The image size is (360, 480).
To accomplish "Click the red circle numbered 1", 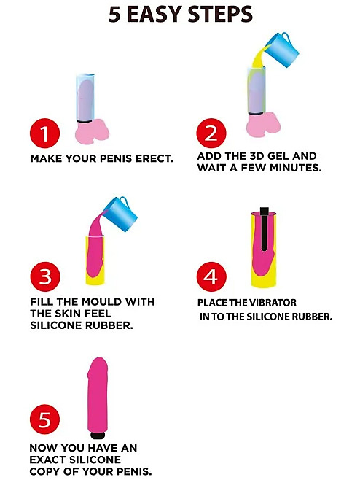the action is [44, 133].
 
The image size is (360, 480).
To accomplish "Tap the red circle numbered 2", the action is [211, 133].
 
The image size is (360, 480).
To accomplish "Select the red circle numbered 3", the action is [45, 276].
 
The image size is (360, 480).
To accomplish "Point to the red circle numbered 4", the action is [211, 276].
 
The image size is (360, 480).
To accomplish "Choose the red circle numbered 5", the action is [44, 419].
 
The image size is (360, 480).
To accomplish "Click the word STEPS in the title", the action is [220, 14].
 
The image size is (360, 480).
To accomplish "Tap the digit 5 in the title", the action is [114, 15].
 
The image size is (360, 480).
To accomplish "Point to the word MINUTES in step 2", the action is [300, 168].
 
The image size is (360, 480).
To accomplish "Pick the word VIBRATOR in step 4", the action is [272, 303].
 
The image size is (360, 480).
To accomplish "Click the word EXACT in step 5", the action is [47, 460].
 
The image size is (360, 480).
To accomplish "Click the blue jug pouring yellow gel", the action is [282, 50].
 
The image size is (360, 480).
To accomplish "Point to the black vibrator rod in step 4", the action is [265, 228].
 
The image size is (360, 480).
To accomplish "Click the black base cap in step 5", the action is [98, 435].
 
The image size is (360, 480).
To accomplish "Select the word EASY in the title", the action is [154, 14].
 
